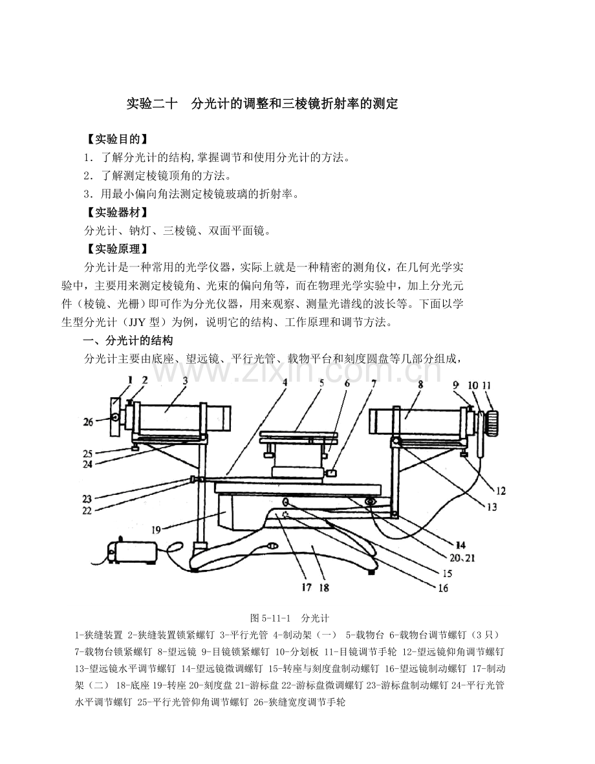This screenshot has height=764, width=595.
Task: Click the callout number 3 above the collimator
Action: (x=185, y=381)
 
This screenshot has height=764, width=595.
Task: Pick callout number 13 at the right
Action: (x=493, y=508)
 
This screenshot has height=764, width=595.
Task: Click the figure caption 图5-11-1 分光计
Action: (x=290, y=617)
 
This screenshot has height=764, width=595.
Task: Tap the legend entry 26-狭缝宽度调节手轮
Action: (x=299, y=701)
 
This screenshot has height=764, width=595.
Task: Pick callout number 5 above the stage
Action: (x=321, y=383)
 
